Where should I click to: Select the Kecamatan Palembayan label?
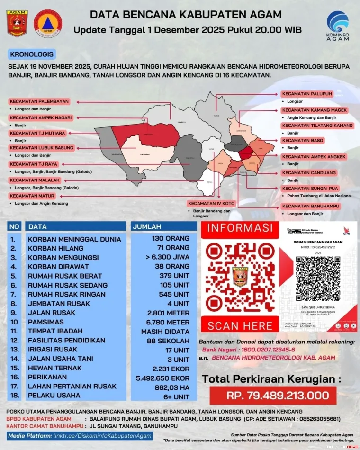(39, 101)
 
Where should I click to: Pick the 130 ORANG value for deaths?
(171, 238)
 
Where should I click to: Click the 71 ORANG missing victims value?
(173, 248)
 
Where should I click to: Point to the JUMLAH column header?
(147, 226)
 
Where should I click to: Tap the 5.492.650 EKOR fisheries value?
(162, 378)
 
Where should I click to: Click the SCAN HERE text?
(240, 326)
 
